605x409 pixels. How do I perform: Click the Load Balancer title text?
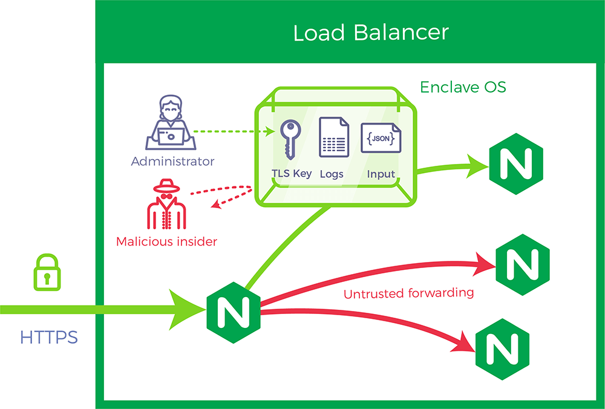[371, 33]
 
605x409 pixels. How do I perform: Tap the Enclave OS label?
[463, 87]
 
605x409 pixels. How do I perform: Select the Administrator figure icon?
[171, 122]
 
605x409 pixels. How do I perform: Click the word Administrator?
[172, 162]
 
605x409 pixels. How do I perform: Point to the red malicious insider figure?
[167, 204]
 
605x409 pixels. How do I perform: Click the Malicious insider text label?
[166, 241]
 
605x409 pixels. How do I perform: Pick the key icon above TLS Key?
[290, 140]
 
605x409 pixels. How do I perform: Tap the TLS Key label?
[292, 174]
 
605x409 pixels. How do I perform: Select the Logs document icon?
[334, 137]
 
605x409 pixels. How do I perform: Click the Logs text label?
[332, 174]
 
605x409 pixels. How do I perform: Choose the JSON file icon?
[381, 138]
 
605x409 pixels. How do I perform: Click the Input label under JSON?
[381, 174]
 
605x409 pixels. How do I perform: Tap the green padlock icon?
[47, 272]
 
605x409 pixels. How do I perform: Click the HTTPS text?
[49, 338]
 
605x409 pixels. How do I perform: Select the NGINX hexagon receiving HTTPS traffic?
[234, 312]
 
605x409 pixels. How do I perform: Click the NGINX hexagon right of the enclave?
[516, 163]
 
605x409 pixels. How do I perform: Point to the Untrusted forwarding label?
[408, 293]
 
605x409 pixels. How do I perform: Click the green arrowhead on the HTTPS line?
[187, 309]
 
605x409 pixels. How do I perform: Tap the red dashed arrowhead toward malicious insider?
[216, 204]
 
